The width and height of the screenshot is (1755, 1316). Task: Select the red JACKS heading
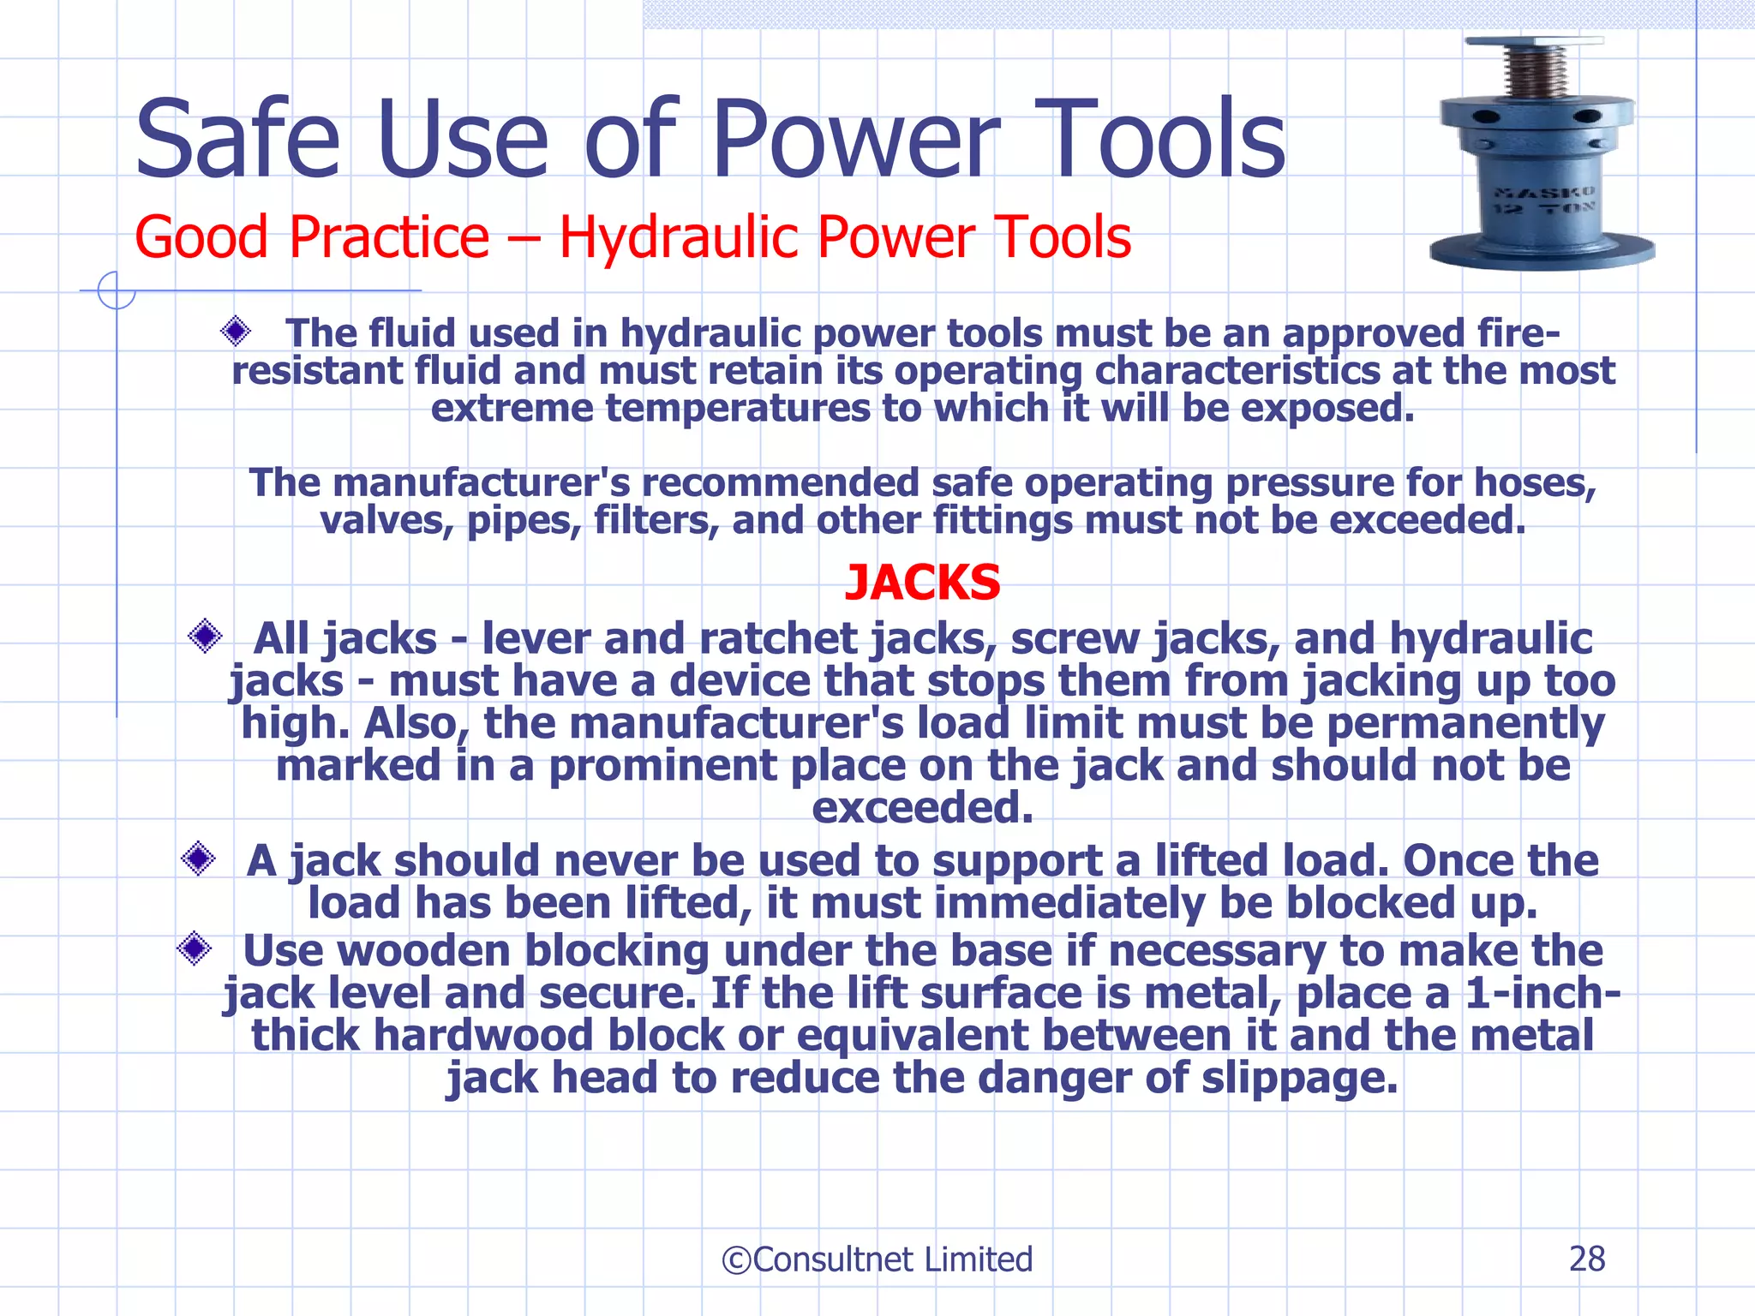pos(922,583)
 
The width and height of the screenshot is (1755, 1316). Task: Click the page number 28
pos(1586,1259)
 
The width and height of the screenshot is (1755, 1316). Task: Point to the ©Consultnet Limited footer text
pos(877,1259)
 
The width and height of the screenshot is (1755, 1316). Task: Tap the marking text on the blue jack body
pos(1543,200)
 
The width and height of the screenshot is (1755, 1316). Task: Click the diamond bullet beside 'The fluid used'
pos(235,331)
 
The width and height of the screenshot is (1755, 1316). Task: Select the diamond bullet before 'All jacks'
pos(205,636)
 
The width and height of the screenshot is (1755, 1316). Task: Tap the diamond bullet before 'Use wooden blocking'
pos(195,948)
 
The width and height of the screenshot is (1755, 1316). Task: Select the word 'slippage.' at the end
pos(1299,1078)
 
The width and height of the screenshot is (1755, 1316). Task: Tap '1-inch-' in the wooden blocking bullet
pos(1542,994)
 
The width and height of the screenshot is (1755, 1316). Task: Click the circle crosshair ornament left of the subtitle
pos(116,290)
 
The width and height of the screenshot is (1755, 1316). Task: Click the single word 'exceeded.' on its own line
pos(922,807)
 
